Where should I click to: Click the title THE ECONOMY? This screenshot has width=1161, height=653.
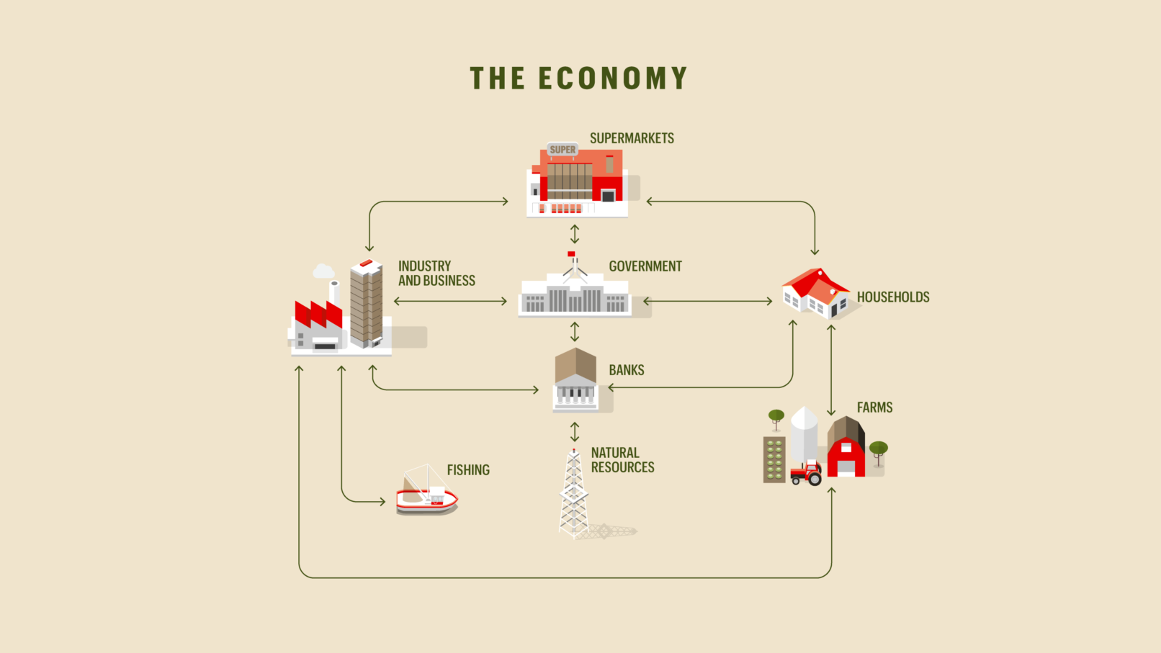[x=579, y=78]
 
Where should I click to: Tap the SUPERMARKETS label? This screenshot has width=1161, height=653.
[x=632, y=138]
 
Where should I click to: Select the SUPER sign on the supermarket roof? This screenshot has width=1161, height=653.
[x=562, y=150]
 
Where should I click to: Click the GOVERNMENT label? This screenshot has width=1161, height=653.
[x=645, y=266]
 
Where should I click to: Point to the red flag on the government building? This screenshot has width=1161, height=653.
[x=571, y=254]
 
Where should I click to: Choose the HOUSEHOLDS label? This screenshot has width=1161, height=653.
[x=893, y=297]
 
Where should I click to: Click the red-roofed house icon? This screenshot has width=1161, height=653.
[x=816, y=292]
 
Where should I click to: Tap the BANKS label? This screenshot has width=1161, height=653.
[x=627, y=370]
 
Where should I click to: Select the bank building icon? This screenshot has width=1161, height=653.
[x=575, y=380]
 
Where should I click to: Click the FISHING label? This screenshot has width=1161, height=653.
[x=468, y=470]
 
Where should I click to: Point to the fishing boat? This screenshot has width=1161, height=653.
[x=426, y=492]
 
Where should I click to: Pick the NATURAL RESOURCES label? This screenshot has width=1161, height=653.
[x=622, y=460]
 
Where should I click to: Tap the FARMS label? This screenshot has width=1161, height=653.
[x=874, y=407]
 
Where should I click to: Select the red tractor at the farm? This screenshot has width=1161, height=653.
[x=807, y=473]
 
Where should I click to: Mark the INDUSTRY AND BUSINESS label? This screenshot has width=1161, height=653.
[x=436, y=274]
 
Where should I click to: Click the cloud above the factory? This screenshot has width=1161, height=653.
[x=323, y=271]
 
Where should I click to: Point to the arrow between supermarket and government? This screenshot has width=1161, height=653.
[x=575, y=234]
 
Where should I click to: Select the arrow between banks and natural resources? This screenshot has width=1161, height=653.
[x=575, y=432]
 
